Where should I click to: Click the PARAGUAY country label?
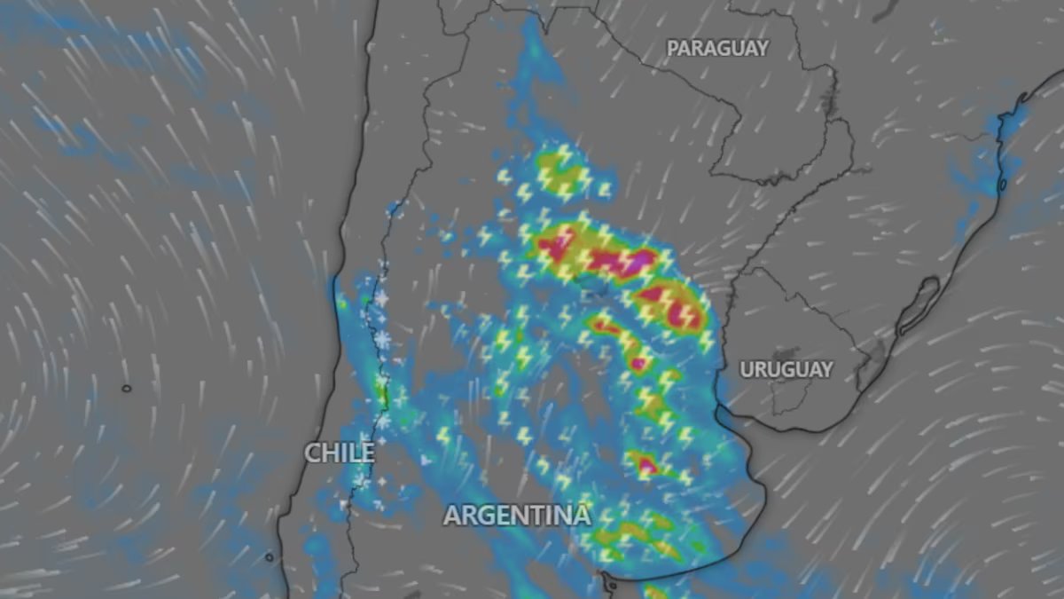coord(717,48)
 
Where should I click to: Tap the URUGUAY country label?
coord(786,369)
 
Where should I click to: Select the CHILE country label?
coord(339,453)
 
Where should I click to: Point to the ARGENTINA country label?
coord(517,515)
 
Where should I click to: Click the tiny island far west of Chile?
coord(126,388)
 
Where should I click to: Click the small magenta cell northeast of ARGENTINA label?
coord(645,463)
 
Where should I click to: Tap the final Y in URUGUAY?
coord(826,369)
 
